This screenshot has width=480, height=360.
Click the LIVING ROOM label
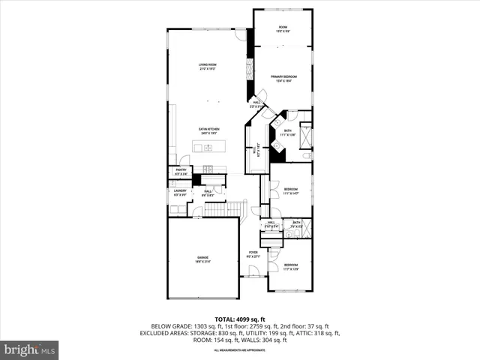208,67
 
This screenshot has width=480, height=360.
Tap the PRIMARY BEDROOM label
283,78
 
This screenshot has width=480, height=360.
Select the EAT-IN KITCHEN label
208,130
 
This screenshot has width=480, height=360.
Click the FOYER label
253,254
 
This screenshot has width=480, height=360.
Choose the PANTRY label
181,172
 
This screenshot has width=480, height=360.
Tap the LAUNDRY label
180,192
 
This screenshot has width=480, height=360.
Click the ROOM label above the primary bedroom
283,28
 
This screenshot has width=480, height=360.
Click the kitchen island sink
208,148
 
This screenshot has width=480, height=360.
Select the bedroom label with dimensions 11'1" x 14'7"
290,191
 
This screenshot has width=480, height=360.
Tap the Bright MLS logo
30,349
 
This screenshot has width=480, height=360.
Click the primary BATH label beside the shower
287,132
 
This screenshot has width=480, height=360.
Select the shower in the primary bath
305,137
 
